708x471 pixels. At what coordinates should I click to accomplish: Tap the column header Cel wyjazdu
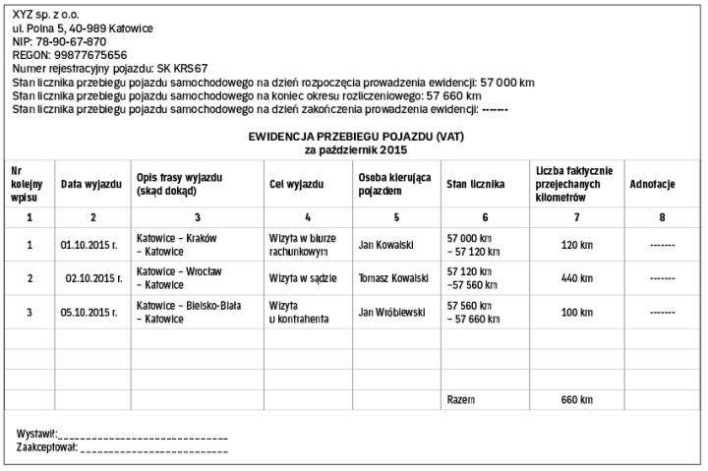[x=295, y=184]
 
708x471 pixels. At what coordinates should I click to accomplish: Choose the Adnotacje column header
[x=651, y=184]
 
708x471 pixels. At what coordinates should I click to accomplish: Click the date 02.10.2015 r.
[x=92, y=278]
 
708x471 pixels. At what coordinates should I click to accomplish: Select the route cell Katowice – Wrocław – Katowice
[x=179, y=278]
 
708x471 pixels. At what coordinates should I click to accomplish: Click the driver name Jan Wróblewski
[x=391, y=313]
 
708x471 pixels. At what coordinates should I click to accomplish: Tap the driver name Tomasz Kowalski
[x=394, y=278]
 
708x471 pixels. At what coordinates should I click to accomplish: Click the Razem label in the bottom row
[x=460, y=400]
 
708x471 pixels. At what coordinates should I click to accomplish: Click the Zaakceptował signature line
[x=153, y=448]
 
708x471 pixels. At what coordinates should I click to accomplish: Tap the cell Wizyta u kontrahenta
[x=298, y=313]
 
